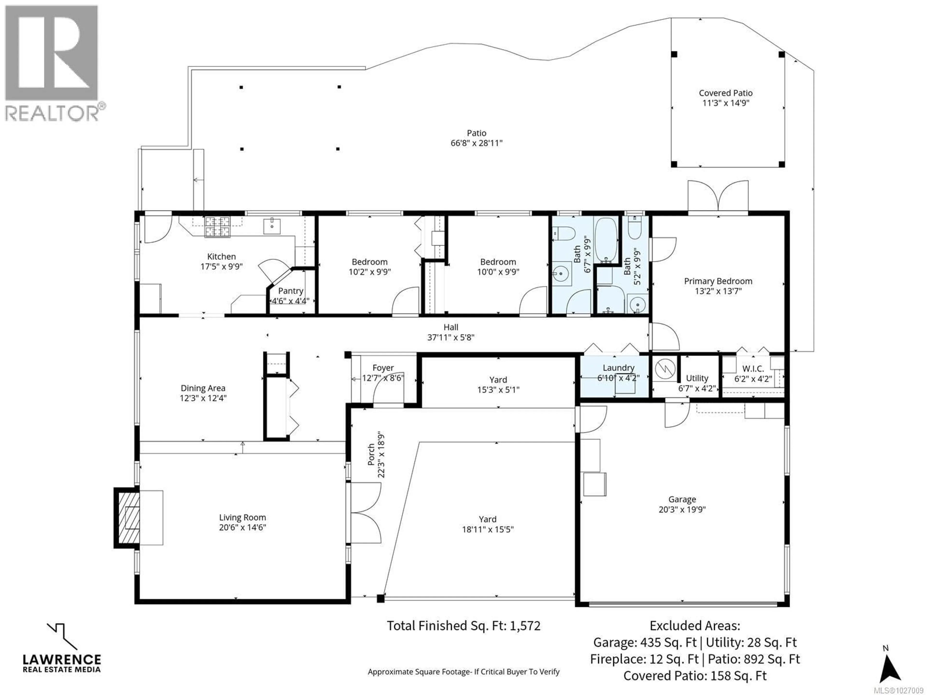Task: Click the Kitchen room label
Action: pos(221,256)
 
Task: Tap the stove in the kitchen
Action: pos(217,227)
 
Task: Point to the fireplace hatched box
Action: pos(128,518)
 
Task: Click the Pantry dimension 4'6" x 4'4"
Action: pos(290,301)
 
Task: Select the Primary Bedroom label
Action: pos(718,281)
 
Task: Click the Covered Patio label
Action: pos(725,93)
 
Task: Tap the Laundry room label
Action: pos(618,368)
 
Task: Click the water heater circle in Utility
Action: pos(665,369)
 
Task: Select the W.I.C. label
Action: pos(753,369)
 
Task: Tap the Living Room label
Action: pos(242,517)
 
